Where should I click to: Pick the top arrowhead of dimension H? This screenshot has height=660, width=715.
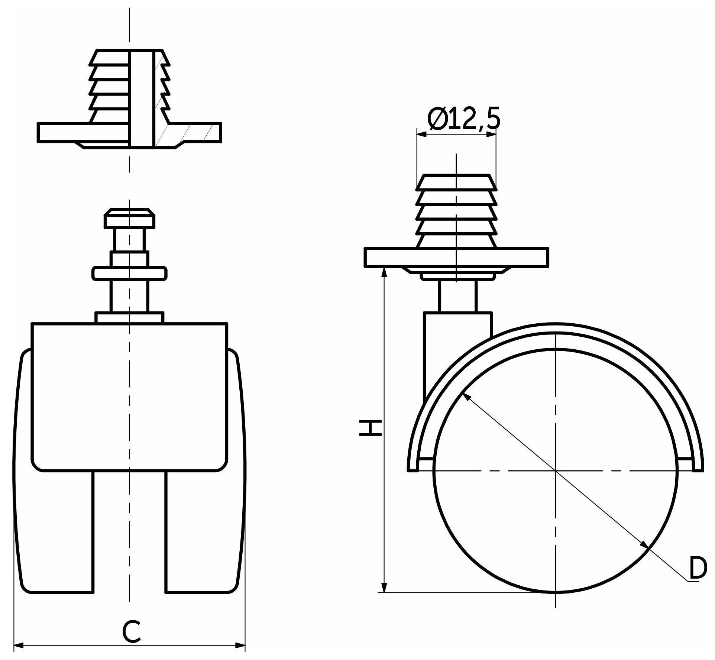click(x=385, y=273)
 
